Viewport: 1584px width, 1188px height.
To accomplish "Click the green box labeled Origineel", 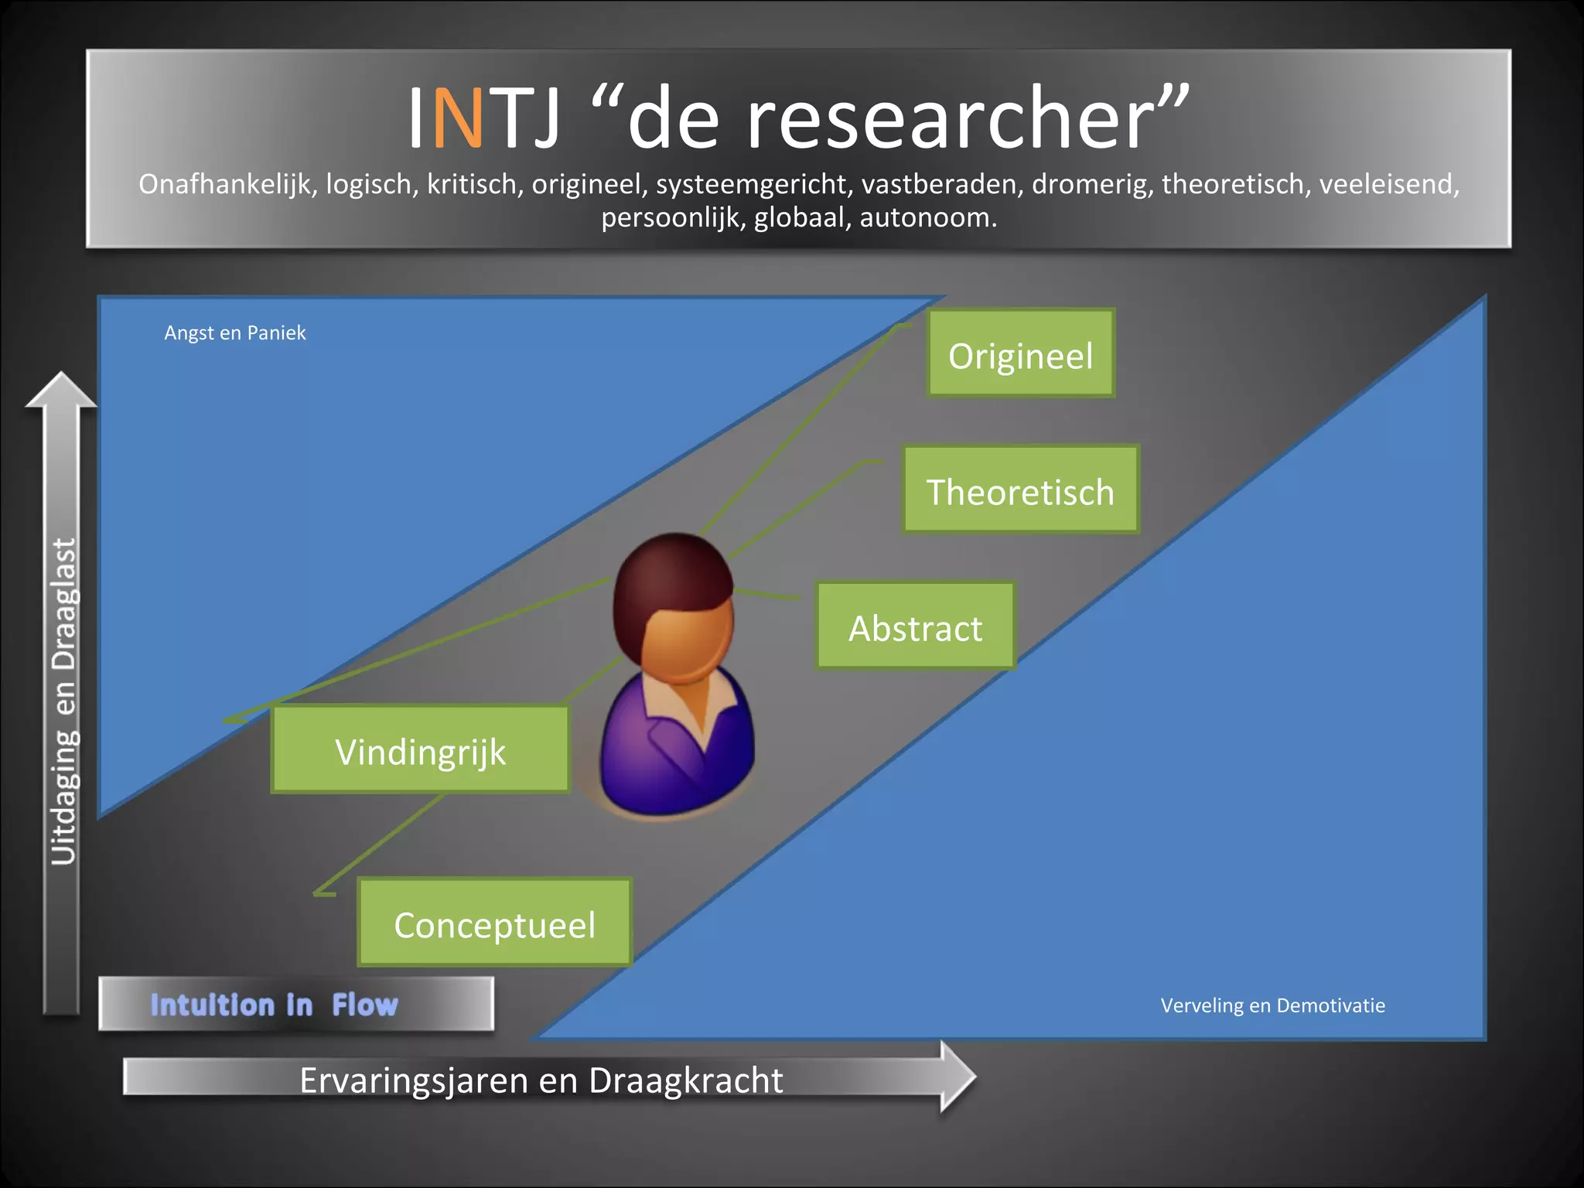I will point(1021,353).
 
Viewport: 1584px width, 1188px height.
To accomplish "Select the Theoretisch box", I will point(1021,490).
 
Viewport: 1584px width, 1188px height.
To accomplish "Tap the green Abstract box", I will point(916,626).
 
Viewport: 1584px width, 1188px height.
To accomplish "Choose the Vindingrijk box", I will point(421,749).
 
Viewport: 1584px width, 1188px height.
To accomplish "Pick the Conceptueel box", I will point(495,923).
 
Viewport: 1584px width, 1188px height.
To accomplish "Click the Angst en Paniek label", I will point(235,333).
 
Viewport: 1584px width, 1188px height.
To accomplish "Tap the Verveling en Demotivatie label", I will point(1272,1005).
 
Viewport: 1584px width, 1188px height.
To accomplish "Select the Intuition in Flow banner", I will point(296,1004).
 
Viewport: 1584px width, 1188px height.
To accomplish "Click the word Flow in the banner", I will point(365,1005).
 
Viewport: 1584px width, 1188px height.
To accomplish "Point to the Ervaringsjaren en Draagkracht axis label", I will point(541,1080).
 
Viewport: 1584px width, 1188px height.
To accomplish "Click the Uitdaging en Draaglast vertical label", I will point(63,701).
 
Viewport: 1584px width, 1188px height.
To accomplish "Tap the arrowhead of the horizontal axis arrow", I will point(956,1076).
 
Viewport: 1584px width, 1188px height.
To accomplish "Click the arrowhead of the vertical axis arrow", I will point(61,391).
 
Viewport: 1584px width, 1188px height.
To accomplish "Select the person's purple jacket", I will point(657,758).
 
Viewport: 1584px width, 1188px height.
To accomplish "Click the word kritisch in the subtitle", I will point(472,184).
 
